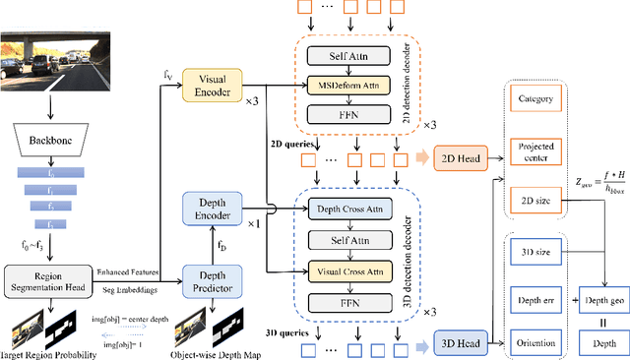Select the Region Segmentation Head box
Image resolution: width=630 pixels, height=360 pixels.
click(49, 279)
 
